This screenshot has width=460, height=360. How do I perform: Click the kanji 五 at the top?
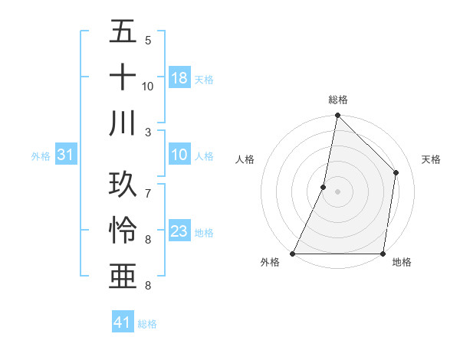coord(123,32)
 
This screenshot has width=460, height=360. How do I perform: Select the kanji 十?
coord(123,77)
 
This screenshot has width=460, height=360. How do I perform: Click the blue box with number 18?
coord(179,78)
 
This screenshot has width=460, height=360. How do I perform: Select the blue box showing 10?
coord(179,155)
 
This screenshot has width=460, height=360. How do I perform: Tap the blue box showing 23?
coord(179,232)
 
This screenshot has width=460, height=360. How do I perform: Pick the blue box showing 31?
coord(66,155)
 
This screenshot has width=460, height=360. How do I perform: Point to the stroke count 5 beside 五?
coord(148,40)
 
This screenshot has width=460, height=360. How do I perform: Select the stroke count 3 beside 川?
coord(148,132)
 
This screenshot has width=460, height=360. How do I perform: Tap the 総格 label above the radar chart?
coord(338,100)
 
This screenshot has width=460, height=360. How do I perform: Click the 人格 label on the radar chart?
coord(245,159)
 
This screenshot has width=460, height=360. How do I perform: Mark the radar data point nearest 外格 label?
coord(293,254)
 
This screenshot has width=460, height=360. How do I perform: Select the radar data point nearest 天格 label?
coord(396,172)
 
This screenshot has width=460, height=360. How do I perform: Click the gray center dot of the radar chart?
coord(337,191)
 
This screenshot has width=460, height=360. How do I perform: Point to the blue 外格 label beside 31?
coord(41,156)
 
